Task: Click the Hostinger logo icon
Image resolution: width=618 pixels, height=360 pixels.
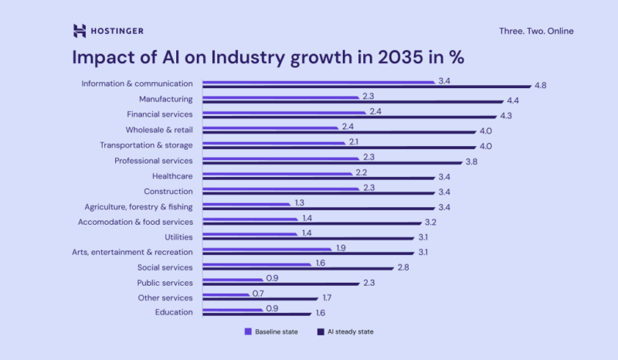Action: pos(80,31)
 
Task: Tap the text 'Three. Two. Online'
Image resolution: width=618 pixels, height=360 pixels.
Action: pos(537,32)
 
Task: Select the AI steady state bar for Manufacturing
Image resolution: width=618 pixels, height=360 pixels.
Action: pos(351,102)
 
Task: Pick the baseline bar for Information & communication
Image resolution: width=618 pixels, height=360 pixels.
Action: pos(318,82)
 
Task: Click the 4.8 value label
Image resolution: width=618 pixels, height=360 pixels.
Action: pos(540,86)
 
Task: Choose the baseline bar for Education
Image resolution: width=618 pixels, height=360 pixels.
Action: pos(232,310)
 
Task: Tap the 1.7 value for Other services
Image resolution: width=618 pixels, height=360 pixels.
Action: pos(328,297)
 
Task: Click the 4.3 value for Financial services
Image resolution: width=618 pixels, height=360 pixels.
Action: pos(506,116)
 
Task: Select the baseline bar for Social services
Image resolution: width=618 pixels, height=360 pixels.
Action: pos(256,264)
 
